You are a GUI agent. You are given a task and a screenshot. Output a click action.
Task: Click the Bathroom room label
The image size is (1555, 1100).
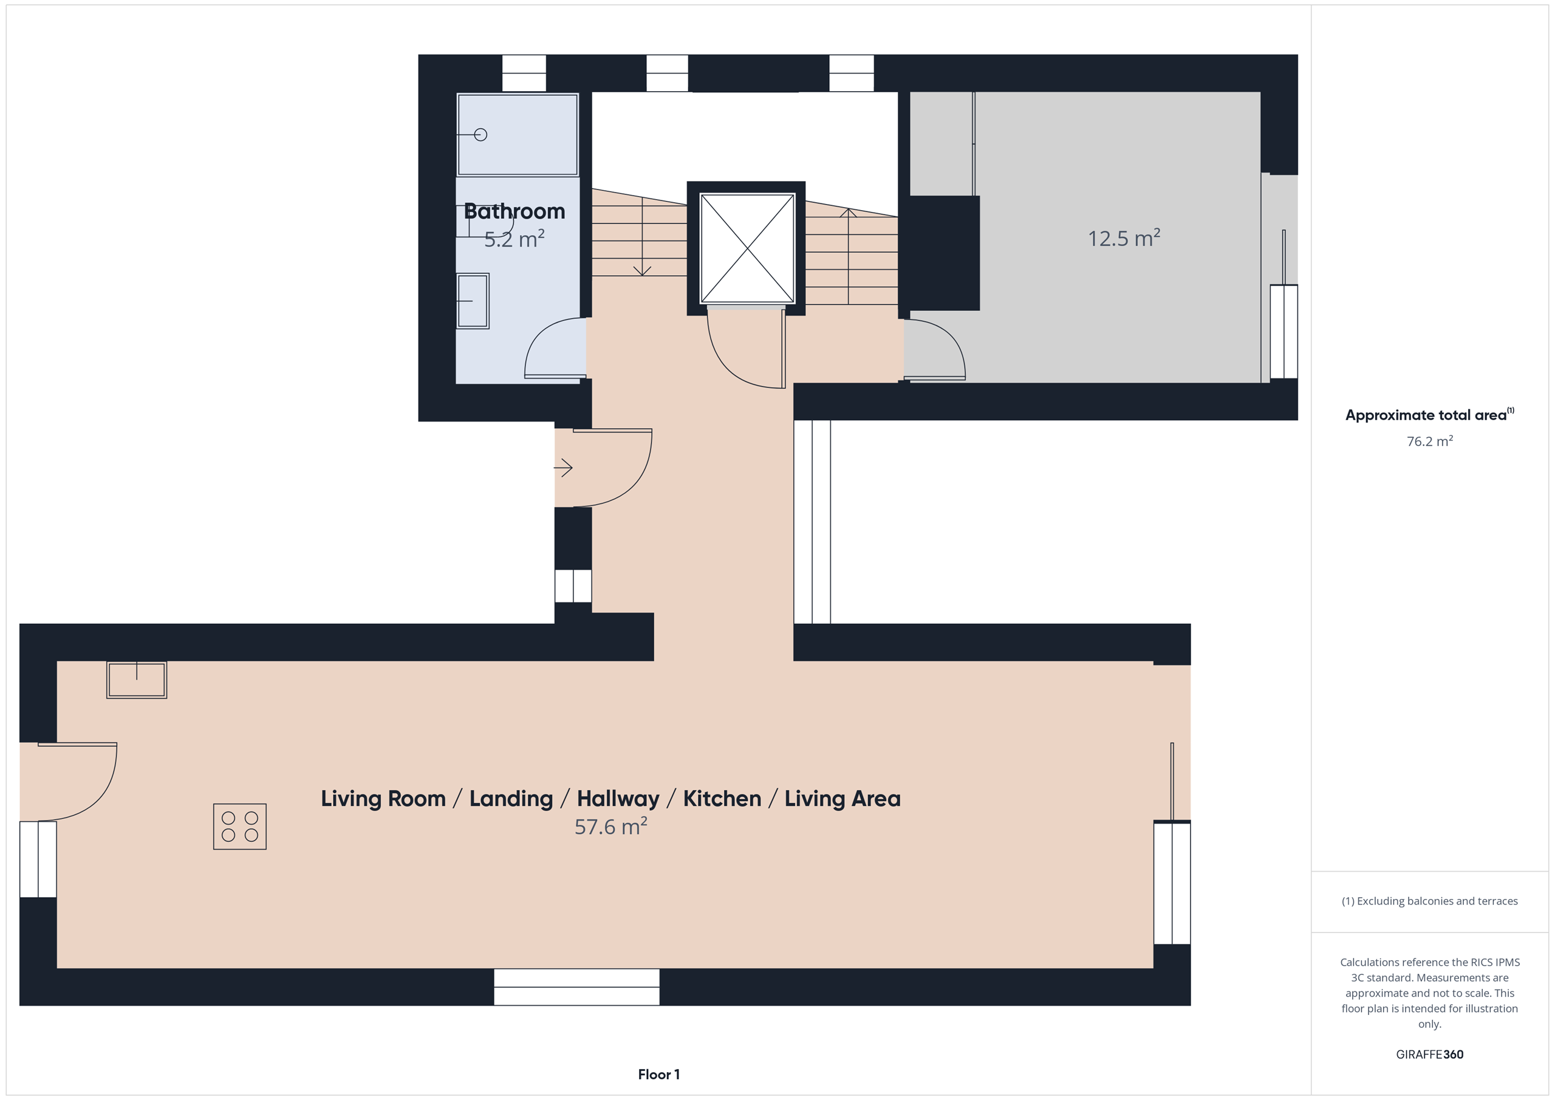514,211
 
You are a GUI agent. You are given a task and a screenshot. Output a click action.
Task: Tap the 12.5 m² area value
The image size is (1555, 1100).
1124,237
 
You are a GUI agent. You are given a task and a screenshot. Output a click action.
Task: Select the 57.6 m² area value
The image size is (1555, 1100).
611,826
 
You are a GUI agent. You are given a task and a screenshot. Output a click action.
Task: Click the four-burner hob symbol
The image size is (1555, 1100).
240,826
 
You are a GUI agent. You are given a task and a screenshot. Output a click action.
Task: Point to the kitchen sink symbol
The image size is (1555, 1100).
137,679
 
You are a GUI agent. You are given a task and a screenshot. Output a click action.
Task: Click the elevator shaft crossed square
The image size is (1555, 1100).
747,248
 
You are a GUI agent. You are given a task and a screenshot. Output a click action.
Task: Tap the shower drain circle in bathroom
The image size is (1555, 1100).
481,135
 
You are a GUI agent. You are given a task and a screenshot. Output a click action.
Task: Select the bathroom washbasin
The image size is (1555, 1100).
473,301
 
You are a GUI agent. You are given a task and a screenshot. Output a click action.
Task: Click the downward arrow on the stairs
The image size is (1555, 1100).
642,236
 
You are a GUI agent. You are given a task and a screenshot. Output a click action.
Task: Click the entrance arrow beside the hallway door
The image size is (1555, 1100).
564,467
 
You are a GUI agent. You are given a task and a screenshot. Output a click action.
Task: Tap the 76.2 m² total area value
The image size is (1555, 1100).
1430,441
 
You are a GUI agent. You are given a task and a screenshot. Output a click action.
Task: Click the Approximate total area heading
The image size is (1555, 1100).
1430,414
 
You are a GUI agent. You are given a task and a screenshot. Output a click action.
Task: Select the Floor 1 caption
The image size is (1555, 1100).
658,1074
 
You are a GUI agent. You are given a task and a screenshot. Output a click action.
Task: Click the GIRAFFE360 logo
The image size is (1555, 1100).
1430,1054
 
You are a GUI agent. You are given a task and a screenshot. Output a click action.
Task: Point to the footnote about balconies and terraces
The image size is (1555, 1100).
1430,901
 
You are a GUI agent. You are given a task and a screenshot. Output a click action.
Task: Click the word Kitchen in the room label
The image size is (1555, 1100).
722,799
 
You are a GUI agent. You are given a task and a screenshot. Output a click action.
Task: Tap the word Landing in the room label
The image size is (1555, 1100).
511,799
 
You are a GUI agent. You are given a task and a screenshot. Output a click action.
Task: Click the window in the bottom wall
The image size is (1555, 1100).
576,987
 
